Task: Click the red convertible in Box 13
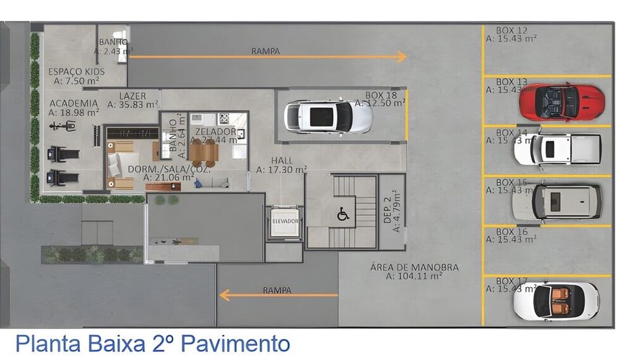pos(561,101)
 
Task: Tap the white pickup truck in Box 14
pos(557,149)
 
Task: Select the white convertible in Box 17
pos(556,301)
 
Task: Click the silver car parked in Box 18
pos(327,116)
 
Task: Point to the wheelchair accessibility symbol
pos(343,214)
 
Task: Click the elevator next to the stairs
pos(284,223)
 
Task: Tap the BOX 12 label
pos(511,30)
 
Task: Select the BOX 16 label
pos(511,232)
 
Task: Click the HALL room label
pos(282,161)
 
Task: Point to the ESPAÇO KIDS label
pos(77,71)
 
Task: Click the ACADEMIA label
pos(73,103)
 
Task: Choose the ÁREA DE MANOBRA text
pos(415,268)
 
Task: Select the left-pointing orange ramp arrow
pos(279,295)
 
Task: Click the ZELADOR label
pos(216,132)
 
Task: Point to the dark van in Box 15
pos(556,201)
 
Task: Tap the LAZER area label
pos(132,96)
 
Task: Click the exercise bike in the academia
pos(63,126)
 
